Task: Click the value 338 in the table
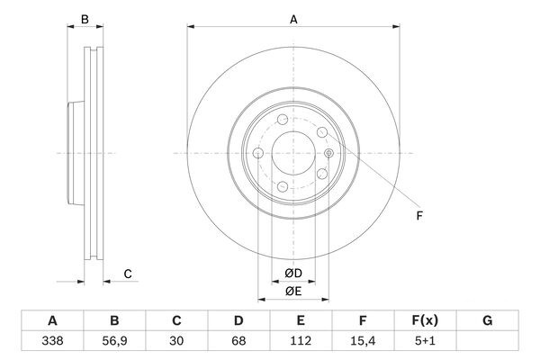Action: pyautogui.click(x=52, y=341)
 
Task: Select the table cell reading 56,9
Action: pyautogui.click(x=114, y=341)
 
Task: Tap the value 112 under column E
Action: pyautogui.click(x=301, y=341)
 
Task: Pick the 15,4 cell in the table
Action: pyautogui.click(x=363, y=341)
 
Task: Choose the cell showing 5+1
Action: pyautogui.click(x=425, y=341)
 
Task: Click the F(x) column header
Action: pyautogui.click(x=425, y=320)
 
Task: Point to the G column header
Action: pyautogui.click(x=487, y=320)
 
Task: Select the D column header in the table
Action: pyautogui.click(x=238, y=320)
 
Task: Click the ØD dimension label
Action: pyautogui.click(x=293, y=274)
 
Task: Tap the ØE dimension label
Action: pyautogui.click(x=293, y=292)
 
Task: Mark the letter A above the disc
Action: pyautogui.click(x=293, y=20)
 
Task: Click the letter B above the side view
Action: pyautogui.click(x=85, y=20)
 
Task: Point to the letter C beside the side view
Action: pyautogui.click(x=128, y=274)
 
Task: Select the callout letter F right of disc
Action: pyautogui.click(x=419, y=216)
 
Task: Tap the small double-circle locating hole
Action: pyautogui.click(x=329, y=153)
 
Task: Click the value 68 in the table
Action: pyautogui.click(x=238, y=341)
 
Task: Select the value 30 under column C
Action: pyautogui.click(x=176, y=341)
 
